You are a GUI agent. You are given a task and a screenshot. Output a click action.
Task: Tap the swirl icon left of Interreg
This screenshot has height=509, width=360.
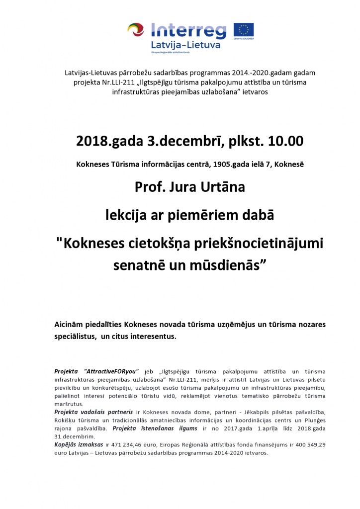click(136, 31)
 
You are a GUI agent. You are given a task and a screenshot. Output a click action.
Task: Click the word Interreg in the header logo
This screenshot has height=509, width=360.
click(188, 30)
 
